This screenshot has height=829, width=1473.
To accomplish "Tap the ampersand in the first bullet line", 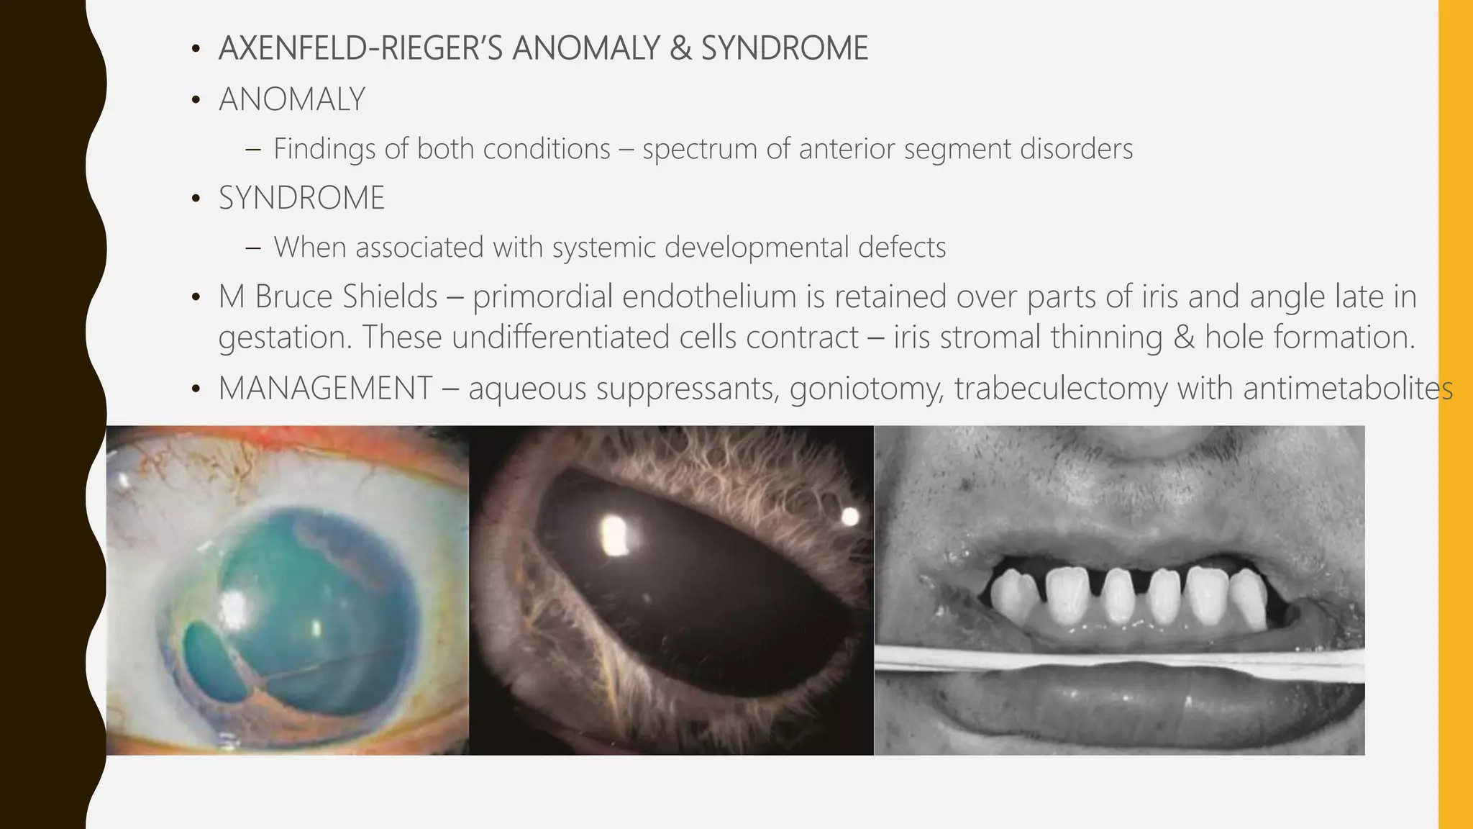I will click(680, 49).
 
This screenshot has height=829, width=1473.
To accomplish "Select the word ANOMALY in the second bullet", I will click(292, 99).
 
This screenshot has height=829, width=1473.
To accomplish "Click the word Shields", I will click(389, 296).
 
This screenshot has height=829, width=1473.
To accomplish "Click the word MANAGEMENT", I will click(325, 389).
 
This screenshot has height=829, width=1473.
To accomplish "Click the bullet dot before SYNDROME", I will click(196, 199).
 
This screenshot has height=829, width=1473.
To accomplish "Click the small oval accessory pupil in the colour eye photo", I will click(214, 663).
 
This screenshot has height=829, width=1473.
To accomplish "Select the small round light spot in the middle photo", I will click(850, 516).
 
